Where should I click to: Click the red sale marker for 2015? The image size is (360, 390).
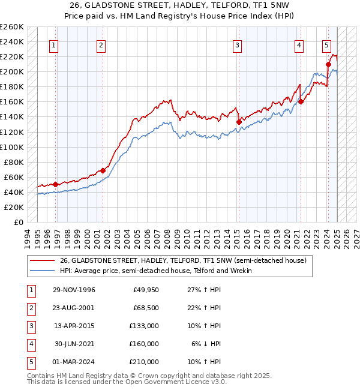coord(239,122)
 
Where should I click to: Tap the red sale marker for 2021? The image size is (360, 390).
coord(301,101)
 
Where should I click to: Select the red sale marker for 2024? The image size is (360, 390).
coord(329,64)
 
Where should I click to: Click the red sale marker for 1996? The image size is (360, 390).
coord(56,184)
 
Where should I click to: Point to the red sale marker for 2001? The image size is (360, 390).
coord(103,170)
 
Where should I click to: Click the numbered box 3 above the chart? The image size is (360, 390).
coord(238,45)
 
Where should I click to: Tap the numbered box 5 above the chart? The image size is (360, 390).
coord(326,45)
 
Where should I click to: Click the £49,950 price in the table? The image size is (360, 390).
coord(145,290)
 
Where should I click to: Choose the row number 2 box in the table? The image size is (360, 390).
coord(31,308)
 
